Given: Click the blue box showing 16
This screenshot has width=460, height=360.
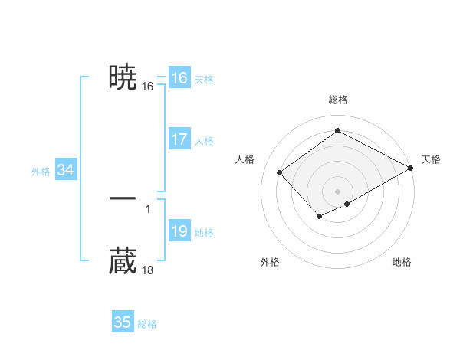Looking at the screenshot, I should [179, 78].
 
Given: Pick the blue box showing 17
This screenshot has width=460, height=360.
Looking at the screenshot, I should [179, 139].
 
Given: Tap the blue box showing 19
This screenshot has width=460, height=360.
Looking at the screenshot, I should [179, 231].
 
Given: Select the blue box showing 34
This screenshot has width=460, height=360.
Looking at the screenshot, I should [65, 170].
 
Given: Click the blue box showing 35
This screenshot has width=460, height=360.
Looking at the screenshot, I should [122, 322].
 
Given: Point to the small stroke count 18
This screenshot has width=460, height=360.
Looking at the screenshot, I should [148, 270].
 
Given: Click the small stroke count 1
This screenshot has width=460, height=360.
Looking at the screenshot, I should [148, 208].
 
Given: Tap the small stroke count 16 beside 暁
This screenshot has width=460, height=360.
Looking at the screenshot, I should [148, 87].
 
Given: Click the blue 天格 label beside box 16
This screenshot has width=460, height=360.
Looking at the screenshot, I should [204, 80].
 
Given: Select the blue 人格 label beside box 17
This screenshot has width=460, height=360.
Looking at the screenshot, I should [204, 141].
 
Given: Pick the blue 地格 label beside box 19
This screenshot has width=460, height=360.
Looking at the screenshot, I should [204, 233].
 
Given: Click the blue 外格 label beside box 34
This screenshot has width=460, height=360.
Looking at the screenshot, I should [41, 172].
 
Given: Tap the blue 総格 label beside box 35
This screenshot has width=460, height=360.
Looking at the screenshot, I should [147, 324].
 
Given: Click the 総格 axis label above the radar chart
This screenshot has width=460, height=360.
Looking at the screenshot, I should [338, 100].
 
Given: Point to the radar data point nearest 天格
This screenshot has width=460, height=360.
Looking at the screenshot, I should [411, 169].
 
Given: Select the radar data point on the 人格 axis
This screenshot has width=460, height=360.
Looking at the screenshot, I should [280, 172].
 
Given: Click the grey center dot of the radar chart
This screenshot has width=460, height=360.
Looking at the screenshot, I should [338, 191].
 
